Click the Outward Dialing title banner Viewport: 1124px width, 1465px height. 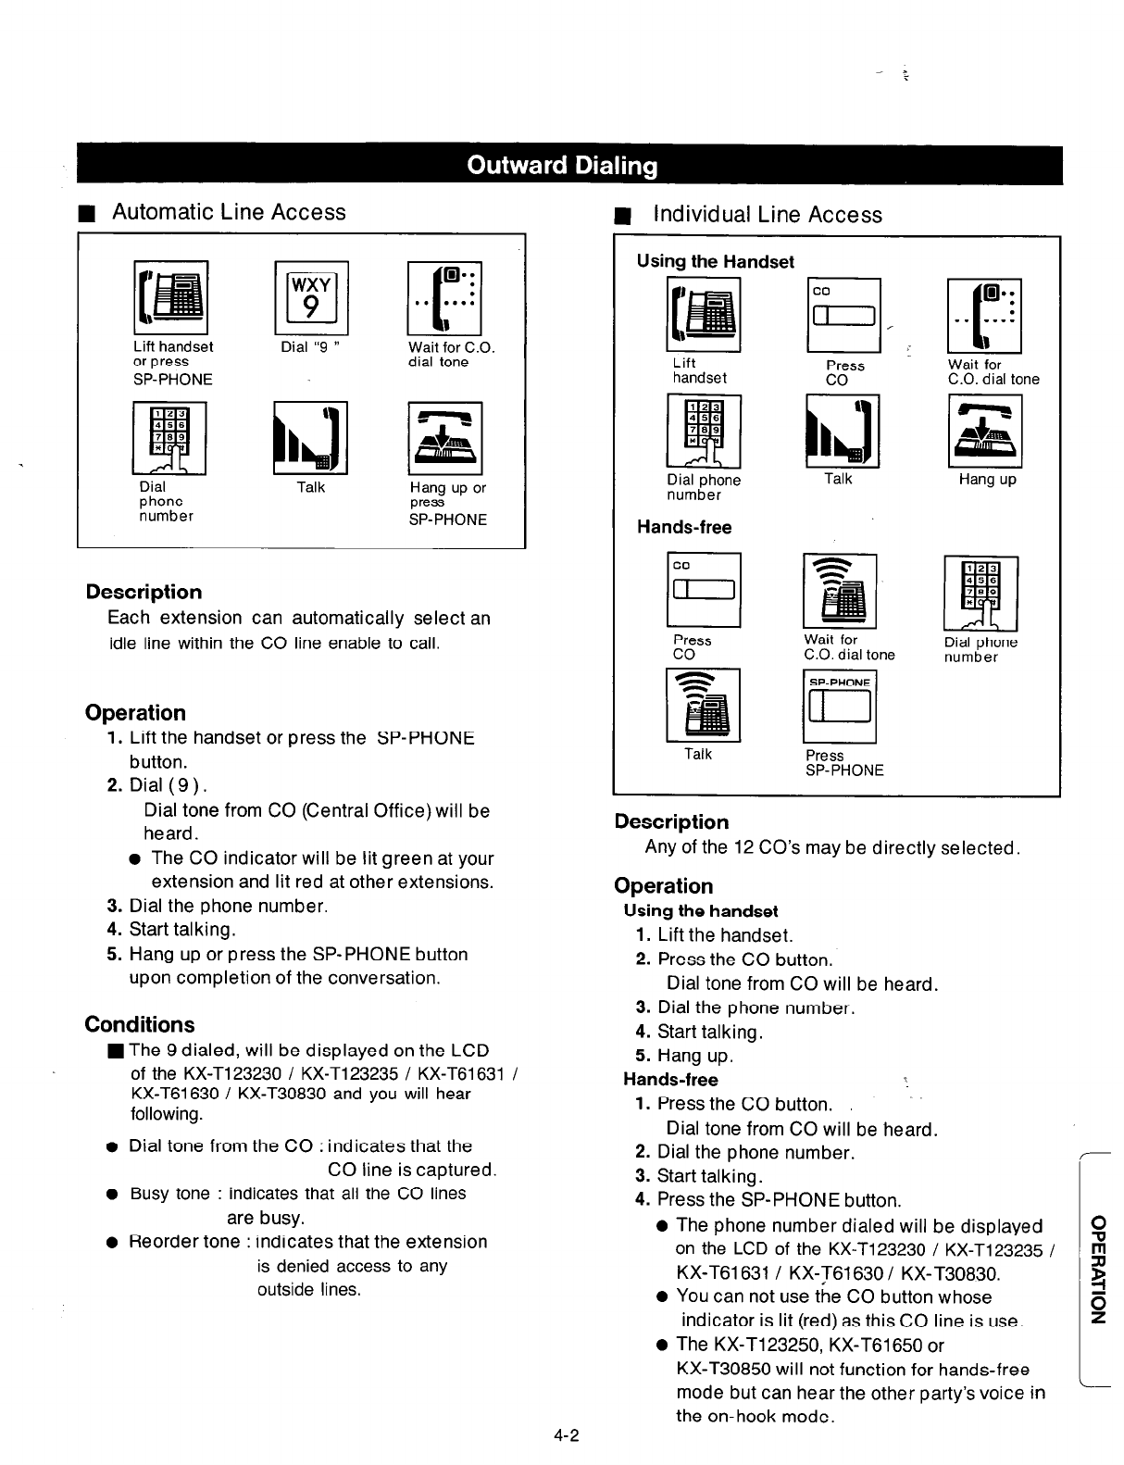pyautogui.click(x=562, y=166)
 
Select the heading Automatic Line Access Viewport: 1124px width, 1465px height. pyautogui.click(x=229, y=212)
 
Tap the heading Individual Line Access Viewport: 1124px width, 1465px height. pyautogui.click(x=767, y=215)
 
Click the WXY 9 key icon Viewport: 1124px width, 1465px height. pyautogui.click(x=311, y=297)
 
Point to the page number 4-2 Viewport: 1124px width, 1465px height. pyautogui.click(x=567, y=1436)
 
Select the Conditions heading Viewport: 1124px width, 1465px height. pyautogui.click(x=140, y=1024)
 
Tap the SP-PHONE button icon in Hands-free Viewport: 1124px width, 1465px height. pyautogui.click(x=839, y=706)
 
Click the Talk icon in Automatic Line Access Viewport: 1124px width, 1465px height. pyautogui.click(x=311, y=437)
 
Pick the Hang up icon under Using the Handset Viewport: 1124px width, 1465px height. pyautogui.click(x=984, y=432)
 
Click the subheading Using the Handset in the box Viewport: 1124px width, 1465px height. pyautogui.click(x=715, y=262)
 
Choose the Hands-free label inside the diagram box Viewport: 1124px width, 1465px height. pyautogui.click(x=683, y=528)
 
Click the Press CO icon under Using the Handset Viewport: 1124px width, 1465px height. pyautogui.click(x=843, y=315)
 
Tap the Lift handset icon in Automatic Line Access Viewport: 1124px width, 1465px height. pyautogui.click(x=171, y=297)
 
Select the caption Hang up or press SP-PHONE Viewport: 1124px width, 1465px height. pyautogui.click(x=447, y=503)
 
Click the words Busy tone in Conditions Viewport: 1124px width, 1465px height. pyautogui.click(x=162, y=1194)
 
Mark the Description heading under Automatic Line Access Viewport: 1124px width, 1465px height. pyautogui.click(x=144, y=593)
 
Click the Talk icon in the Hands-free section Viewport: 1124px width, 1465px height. pyautogui.click(x=703, y=705)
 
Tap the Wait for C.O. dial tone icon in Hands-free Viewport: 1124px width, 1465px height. pyautogui.click(x=839, y=591)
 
